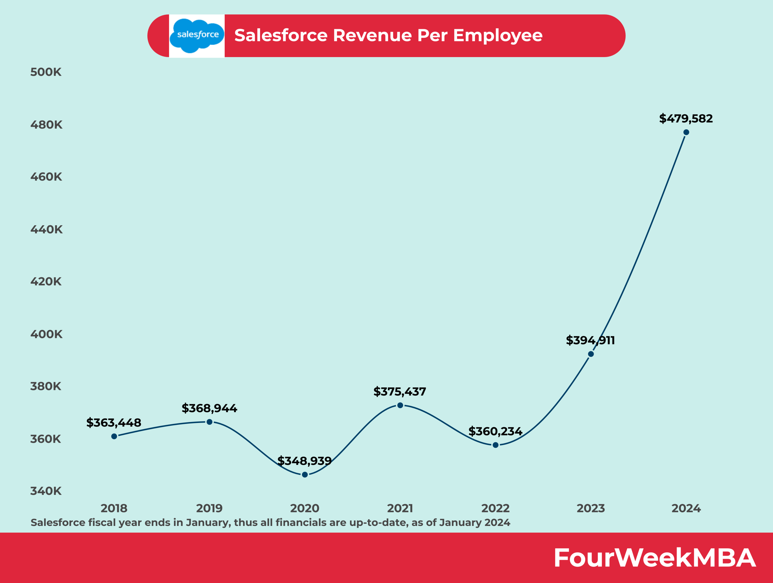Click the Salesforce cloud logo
tap(197, 35)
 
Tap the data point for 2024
tap(686, 132)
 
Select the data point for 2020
tap(305, 474)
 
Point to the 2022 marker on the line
tap(495, 445)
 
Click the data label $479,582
tap(686, 118)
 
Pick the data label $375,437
tap(399, 392)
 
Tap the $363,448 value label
tap(114, 423)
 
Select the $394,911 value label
tap(590, 340)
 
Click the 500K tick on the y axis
tap(46, 72)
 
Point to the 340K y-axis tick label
tap(46, 491)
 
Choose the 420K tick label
tap(46, 281)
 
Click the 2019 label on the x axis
tap(209, 508)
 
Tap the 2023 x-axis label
tap(591, 508)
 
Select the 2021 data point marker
tap(400, 405)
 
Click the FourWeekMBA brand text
tap(655, 558)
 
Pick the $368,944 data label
tap(209, 408)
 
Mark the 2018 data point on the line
tap(114, 436)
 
